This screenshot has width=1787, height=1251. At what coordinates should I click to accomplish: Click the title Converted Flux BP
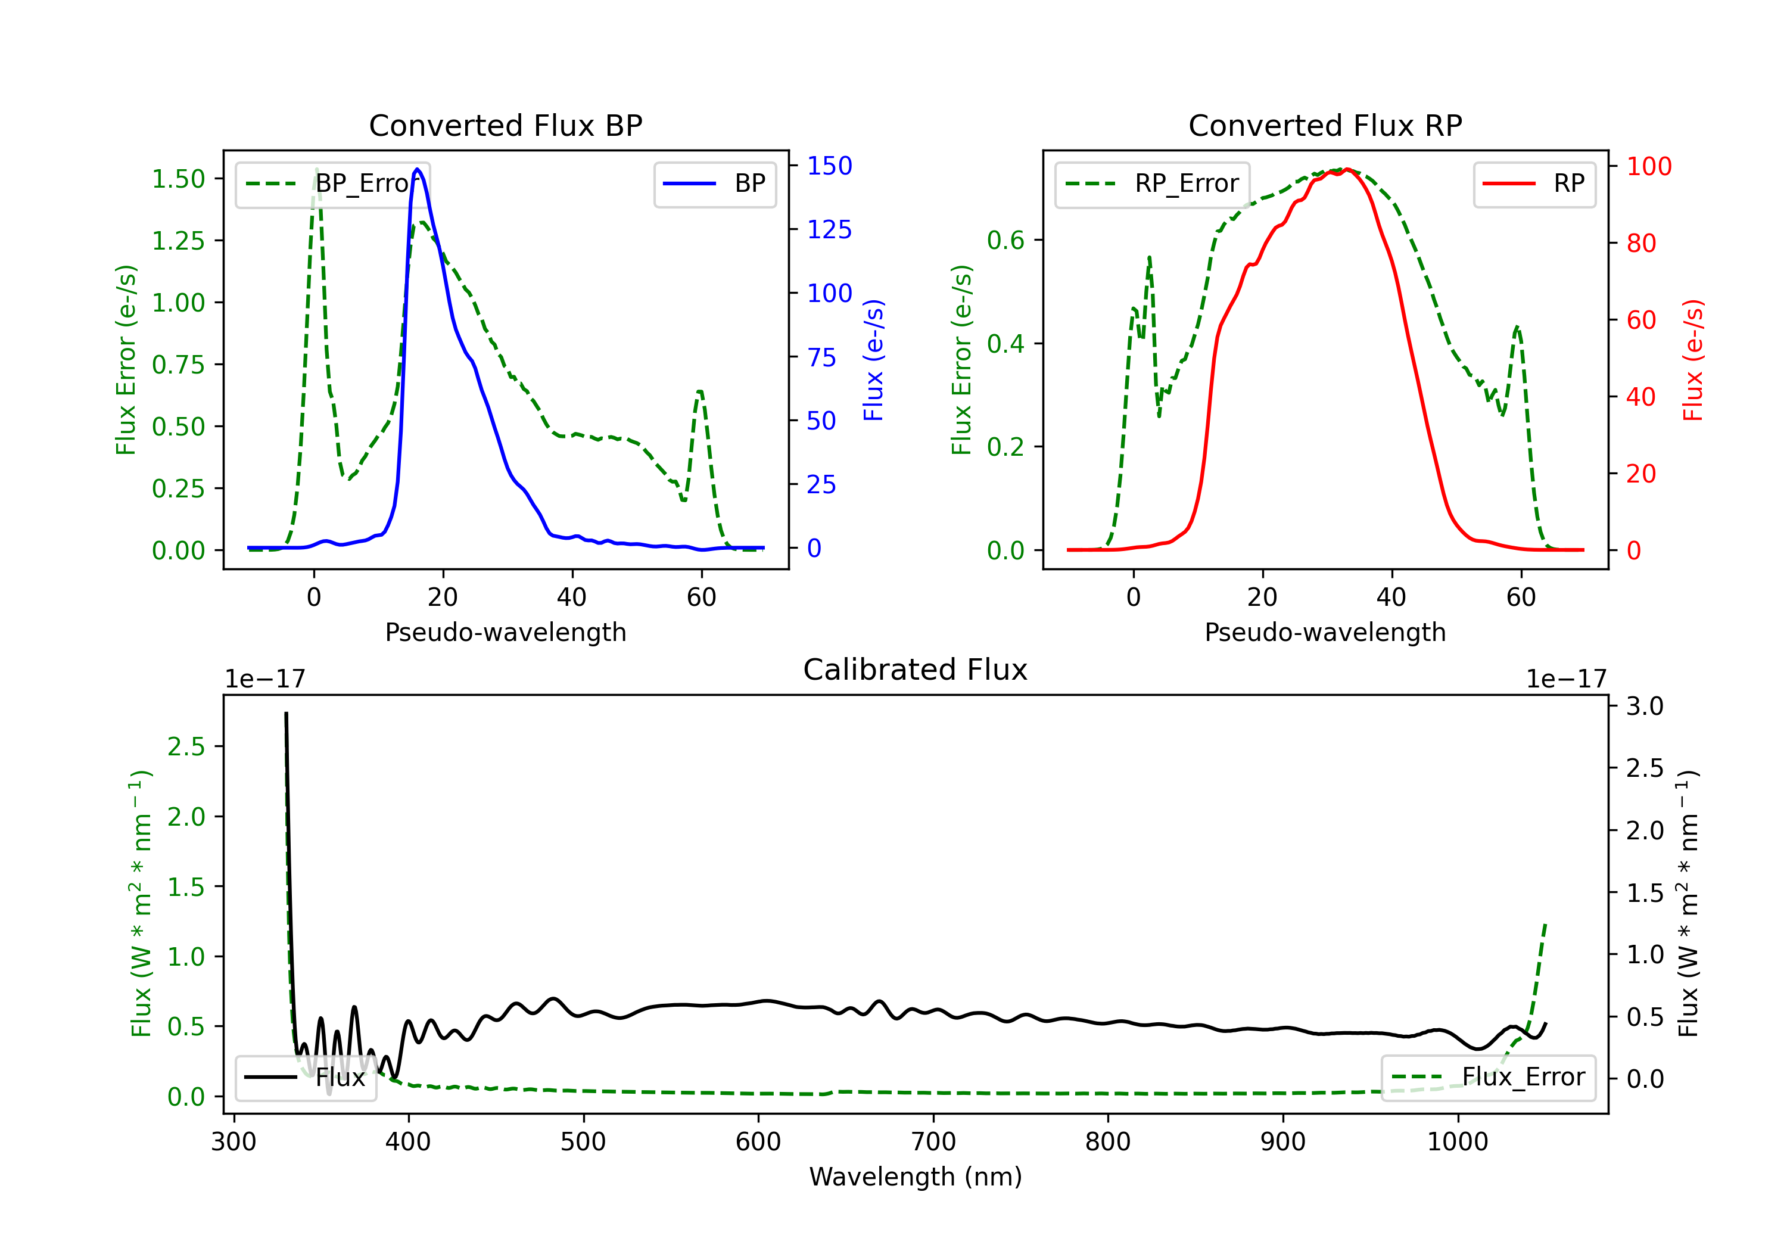tap(505, 125)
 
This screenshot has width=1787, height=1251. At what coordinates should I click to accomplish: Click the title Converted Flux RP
tap(1325, 125)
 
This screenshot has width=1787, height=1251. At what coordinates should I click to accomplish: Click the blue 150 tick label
tap(829, 166)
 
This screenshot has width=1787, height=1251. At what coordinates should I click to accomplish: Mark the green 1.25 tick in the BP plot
tap(178, 241)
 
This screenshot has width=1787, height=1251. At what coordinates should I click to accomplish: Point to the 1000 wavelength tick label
tap(1457, 1142)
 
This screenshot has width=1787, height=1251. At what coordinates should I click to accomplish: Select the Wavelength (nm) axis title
tap(916, 1177)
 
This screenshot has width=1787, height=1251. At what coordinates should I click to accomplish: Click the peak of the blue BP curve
tap(417, 169)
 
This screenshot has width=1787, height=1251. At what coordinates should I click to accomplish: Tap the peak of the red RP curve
tap(1347, 169)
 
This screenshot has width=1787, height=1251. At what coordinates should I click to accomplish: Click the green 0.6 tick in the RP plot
tap(1005, 239)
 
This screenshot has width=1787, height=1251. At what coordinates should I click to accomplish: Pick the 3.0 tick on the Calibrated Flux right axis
tap(1645, 706)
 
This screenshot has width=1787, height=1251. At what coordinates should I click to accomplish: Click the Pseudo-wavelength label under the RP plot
tap(1325, 632)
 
